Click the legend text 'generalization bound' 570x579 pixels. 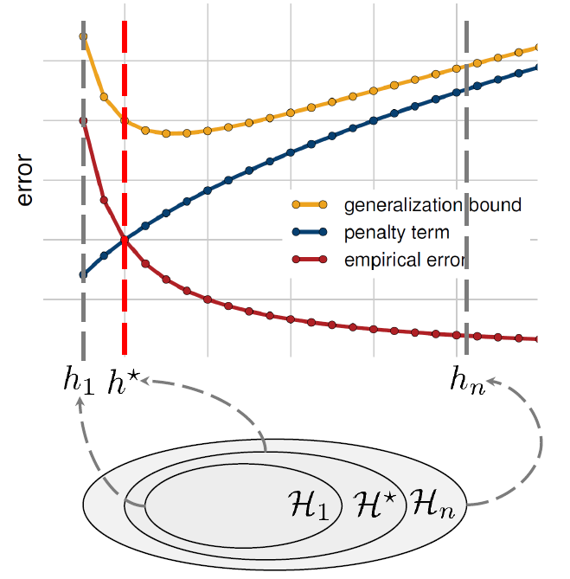[432, 205]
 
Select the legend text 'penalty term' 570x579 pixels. [396, 232]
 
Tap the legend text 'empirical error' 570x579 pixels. [405, 259]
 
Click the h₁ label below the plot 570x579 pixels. [78, 382]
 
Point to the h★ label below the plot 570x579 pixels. [124, 382]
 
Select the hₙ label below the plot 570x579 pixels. [466, 378]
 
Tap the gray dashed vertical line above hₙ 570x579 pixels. [467, 216]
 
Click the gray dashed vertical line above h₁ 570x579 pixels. [83, 329]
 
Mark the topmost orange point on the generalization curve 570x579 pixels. [83, 36]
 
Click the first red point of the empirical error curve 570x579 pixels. [83, 121]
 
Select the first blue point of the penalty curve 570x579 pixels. [83, 275]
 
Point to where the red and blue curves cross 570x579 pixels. [125, 240]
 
